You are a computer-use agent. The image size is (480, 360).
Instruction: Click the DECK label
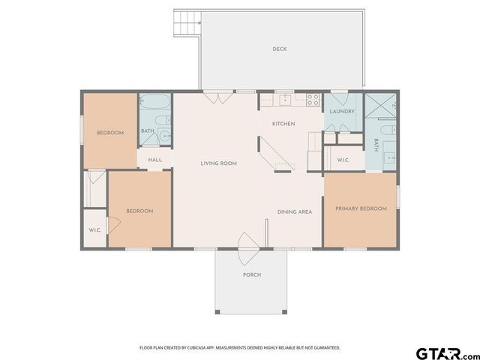coord(280,49)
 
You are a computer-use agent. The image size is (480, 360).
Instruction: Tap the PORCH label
coord(252,275)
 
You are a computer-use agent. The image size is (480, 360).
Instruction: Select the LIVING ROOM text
coord(218,163)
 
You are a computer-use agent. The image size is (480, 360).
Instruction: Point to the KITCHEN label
coord(283,124)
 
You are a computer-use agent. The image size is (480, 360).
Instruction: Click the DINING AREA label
coord(295,211)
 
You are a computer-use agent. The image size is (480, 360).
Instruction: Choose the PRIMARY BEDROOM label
coord(361,208)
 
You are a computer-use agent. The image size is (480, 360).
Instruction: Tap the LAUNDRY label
coord(342,112)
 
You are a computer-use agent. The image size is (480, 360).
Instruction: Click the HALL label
coord(155,160)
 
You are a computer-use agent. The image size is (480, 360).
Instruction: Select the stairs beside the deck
coord(187,23)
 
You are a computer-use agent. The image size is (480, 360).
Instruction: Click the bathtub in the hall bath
coord(155,101)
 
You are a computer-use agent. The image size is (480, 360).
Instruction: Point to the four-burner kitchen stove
coord(313,100)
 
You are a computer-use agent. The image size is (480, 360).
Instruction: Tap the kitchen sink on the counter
coord(286,100)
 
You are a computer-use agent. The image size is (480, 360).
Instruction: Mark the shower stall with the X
coord(380,106)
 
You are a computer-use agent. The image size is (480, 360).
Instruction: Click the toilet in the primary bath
coord(388,130)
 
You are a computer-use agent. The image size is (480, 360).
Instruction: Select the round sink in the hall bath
coord(165,135)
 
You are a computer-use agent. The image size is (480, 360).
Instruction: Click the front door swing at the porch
coord(248,248)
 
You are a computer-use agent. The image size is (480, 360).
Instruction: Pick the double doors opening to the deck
coord(218,98)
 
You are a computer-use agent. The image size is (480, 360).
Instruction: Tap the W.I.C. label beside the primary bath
coord(343,160)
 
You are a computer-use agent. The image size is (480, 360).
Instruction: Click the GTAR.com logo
coord(448,354)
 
